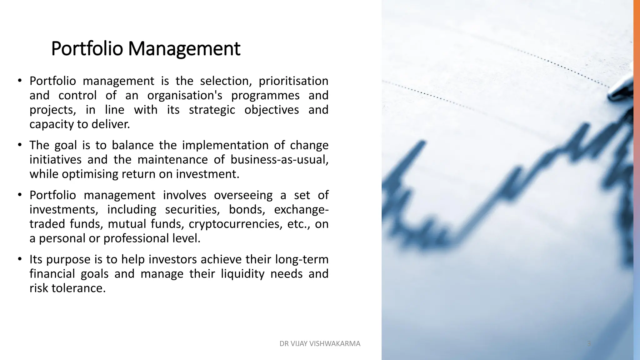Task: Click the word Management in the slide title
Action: pyautogui.click(x=184, y=49)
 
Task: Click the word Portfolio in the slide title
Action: pyautogui.click(x=87, y=49)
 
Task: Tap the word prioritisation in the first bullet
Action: pyautogui.click(x=293, y=81)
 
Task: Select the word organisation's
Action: pyautogui.click(x=185, y=96)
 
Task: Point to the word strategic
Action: pyautogui.click(x=212, y=110)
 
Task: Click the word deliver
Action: pyautogui.click(x=111, y=124)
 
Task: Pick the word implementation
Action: pyautogui.click(x=225, y=145)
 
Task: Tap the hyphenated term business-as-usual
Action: pyautogui.click(x=279, y=160)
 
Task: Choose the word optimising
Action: pyautogui.click(x=90, y=174)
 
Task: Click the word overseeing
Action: pyautogui.click(x=243, y=195)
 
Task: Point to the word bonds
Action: pyautogui.click(x=247, y=210)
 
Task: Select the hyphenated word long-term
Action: pyautogui.click(x=302, y=260)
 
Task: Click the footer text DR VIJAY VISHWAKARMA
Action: pyautogui.click(x=320, y=344)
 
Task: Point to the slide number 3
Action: pyautogui.click(x=589, y=344)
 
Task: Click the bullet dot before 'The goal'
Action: pyautogui.click(x=20, y=145)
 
